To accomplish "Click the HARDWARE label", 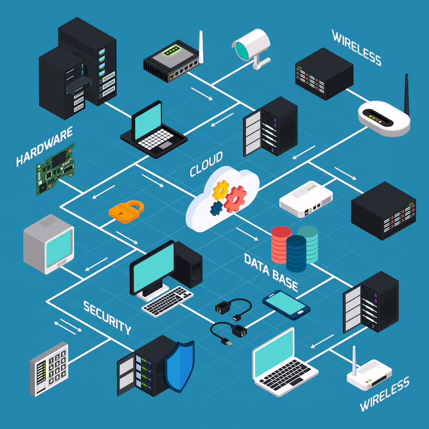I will coord(45,147).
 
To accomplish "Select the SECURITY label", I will coord(107,317).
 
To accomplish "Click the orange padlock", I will coord(126,209).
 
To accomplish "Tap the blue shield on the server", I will coord(179,362).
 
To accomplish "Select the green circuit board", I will coord(56,168).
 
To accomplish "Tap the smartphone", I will coord(286,303).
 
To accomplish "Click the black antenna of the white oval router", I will coord(406,93).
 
